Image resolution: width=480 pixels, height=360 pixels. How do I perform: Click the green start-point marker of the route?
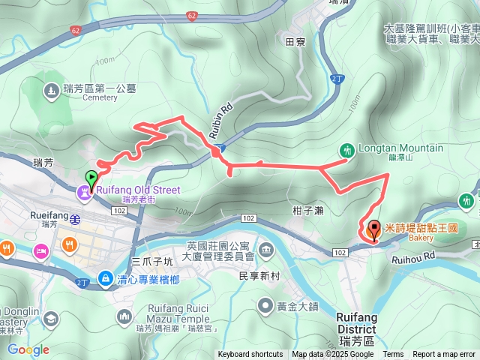[x=91, y=179]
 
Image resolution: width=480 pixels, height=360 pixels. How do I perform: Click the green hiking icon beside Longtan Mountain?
[x=346, y=150]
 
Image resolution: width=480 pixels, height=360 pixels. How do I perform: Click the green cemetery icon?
[x=50, y=91]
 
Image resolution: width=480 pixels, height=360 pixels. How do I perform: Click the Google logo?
[x=28, y=349]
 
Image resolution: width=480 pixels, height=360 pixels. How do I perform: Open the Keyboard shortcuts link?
[x=250, y=355]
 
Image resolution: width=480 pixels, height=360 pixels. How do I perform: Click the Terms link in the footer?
[x=393, y=355]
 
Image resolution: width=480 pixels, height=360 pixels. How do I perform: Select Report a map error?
[x=445, y=355]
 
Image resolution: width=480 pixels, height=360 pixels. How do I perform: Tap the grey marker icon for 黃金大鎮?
[x=265, y=305]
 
